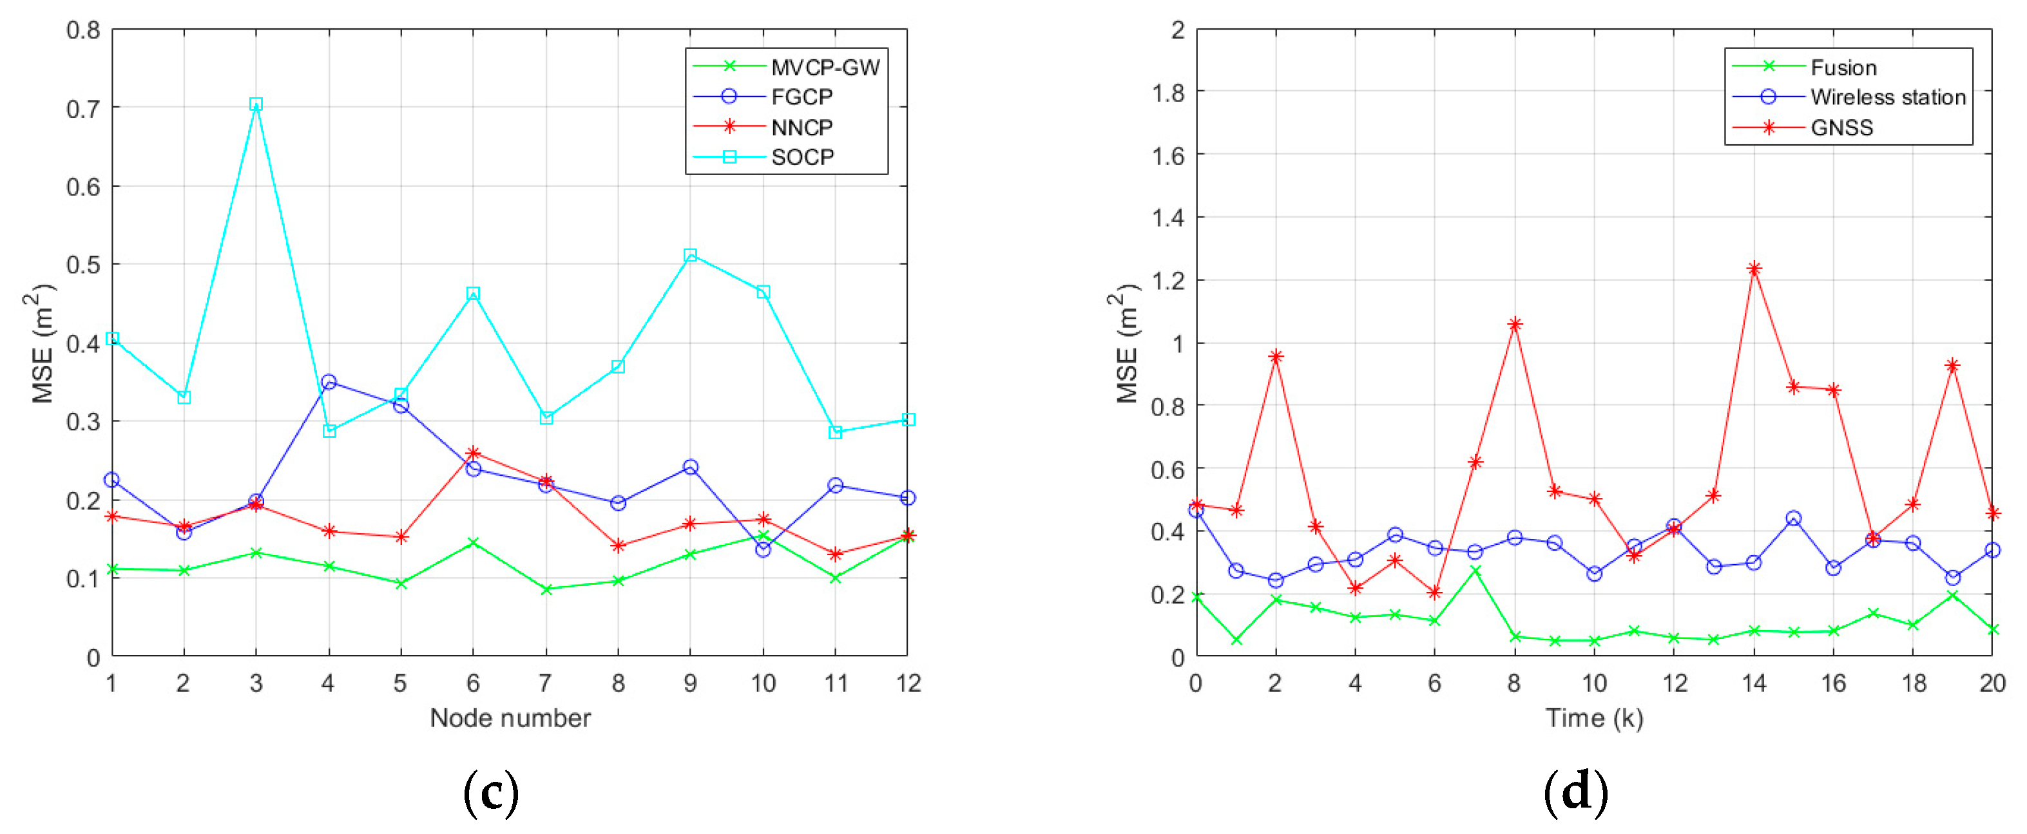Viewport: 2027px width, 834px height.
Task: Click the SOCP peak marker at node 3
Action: point(256,104)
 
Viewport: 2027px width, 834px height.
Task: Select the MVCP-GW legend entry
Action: point(825,68)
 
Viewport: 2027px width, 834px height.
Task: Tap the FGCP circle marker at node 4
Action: point(329,383)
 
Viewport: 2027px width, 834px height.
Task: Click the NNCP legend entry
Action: point(801,128)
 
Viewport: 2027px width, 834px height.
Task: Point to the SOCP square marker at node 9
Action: point(690,255)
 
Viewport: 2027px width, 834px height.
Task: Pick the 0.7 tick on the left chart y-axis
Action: point(83,108)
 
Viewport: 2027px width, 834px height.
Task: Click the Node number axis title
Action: point(510,717)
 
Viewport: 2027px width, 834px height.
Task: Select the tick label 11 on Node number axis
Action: point(836,683)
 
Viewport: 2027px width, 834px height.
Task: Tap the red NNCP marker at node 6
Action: point(473,453)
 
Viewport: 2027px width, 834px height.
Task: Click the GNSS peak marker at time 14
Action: point(1753,269)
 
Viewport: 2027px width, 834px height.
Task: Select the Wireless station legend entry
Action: point(1887,97)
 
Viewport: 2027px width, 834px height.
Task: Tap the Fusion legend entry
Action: point(1843,68)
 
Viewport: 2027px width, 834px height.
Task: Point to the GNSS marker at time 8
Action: point(1515,324)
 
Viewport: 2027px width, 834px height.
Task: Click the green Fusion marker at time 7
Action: point(1475,571)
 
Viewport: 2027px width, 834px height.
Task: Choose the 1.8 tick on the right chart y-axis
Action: point(1167,93)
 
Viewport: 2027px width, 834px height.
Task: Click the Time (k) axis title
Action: point(1593,717)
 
